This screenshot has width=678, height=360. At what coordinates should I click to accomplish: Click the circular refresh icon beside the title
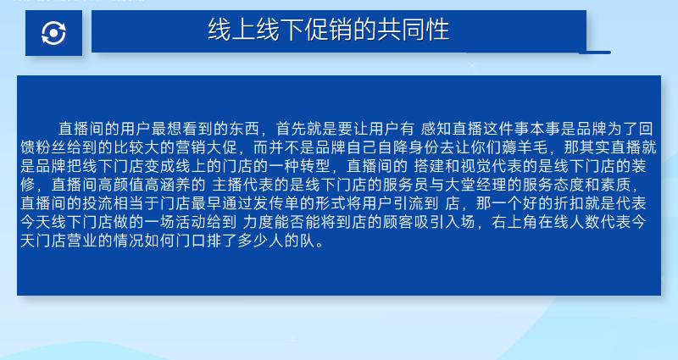(x=53, y=33)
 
